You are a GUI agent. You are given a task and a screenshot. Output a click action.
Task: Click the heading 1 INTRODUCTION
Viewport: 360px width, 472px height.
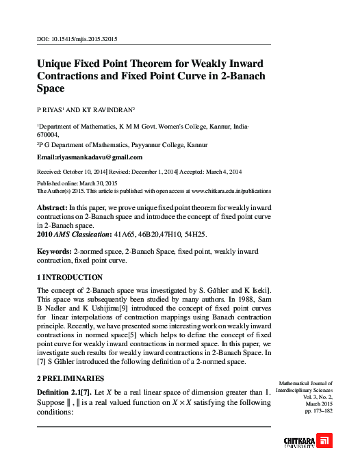[69, 278]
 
